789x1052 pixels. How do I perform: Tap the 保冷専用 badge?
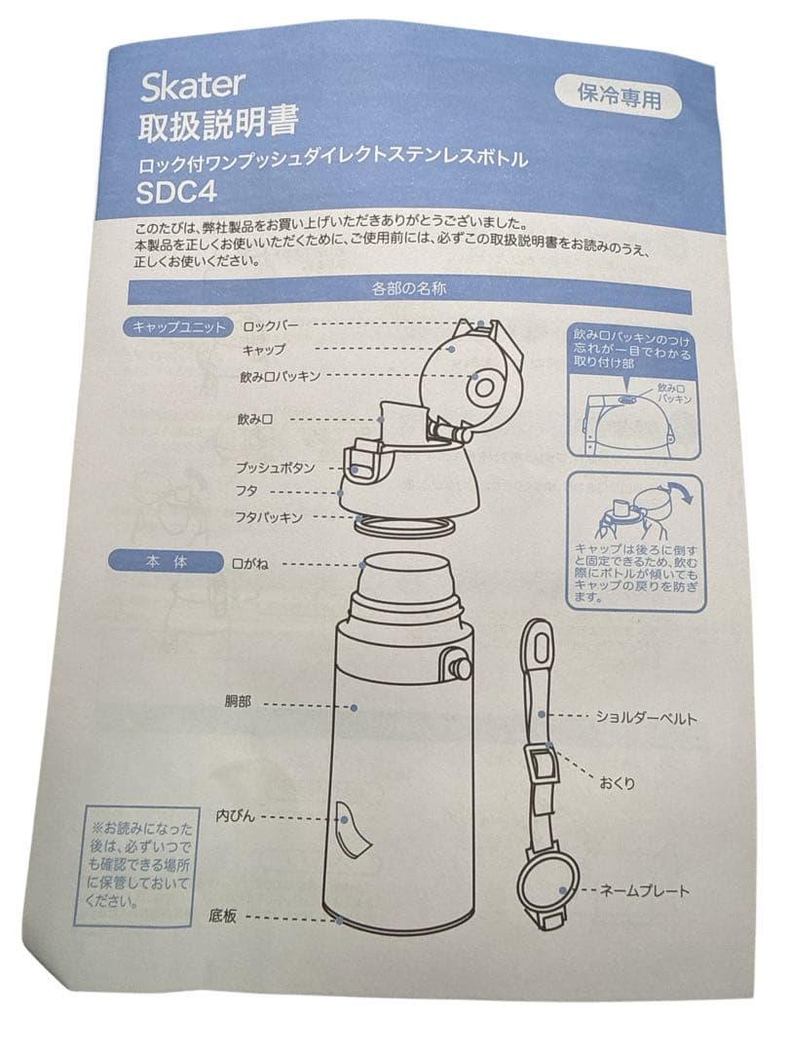pyautogui.click(x=619, y=98)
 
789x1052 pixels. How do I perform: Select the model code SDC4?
pyautogui.click(x=177, y=192)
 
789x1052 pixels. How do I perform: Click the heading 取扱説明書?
pyautogui.click(x=218, y=126)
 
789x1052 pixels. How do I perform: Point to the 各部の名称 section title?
pyautogui.click(x=408, y=289)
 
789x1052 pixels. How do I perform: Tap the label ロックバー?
pyautogui.click(x=271, y=326)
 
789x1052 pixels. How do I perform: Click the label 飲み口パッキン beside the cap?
pyautogui.click(x=281, y=376)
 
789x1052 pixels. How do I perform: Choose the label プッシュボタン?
pyautogui.click(x=275, y=468)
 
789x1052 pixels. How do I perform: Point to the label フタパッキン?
pyautogui.click(x=269, y=517)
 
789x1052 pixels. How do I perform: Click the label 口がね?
pyautogui.click(x=249, y=564)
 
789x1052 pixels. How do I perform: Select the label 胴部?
pyautogui.click(x=238, y=702)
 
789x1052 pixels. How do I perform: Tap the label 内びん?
pyautogui.click(x=235, y=816)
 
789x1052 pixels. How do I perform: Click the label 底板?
pyautogui.click(x=222, y=916)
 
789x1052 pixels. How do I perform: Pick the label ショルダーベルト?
pyautogui.click(x=647, y=719)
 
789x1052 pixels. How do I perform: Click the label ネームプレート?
pyautogui.click(x=644, y=891)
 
